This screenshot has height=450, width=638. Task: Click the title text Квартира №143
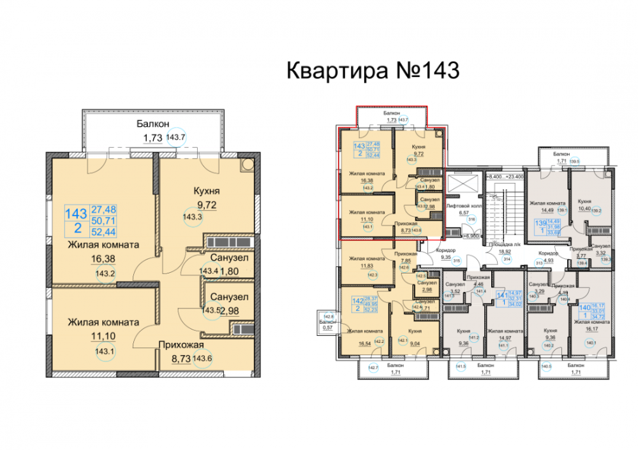[373, 69]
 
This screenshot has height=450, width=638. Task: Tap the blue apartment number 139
[540, 224]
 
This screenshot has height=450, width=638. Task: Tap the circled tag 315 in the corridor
[456, 260]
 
